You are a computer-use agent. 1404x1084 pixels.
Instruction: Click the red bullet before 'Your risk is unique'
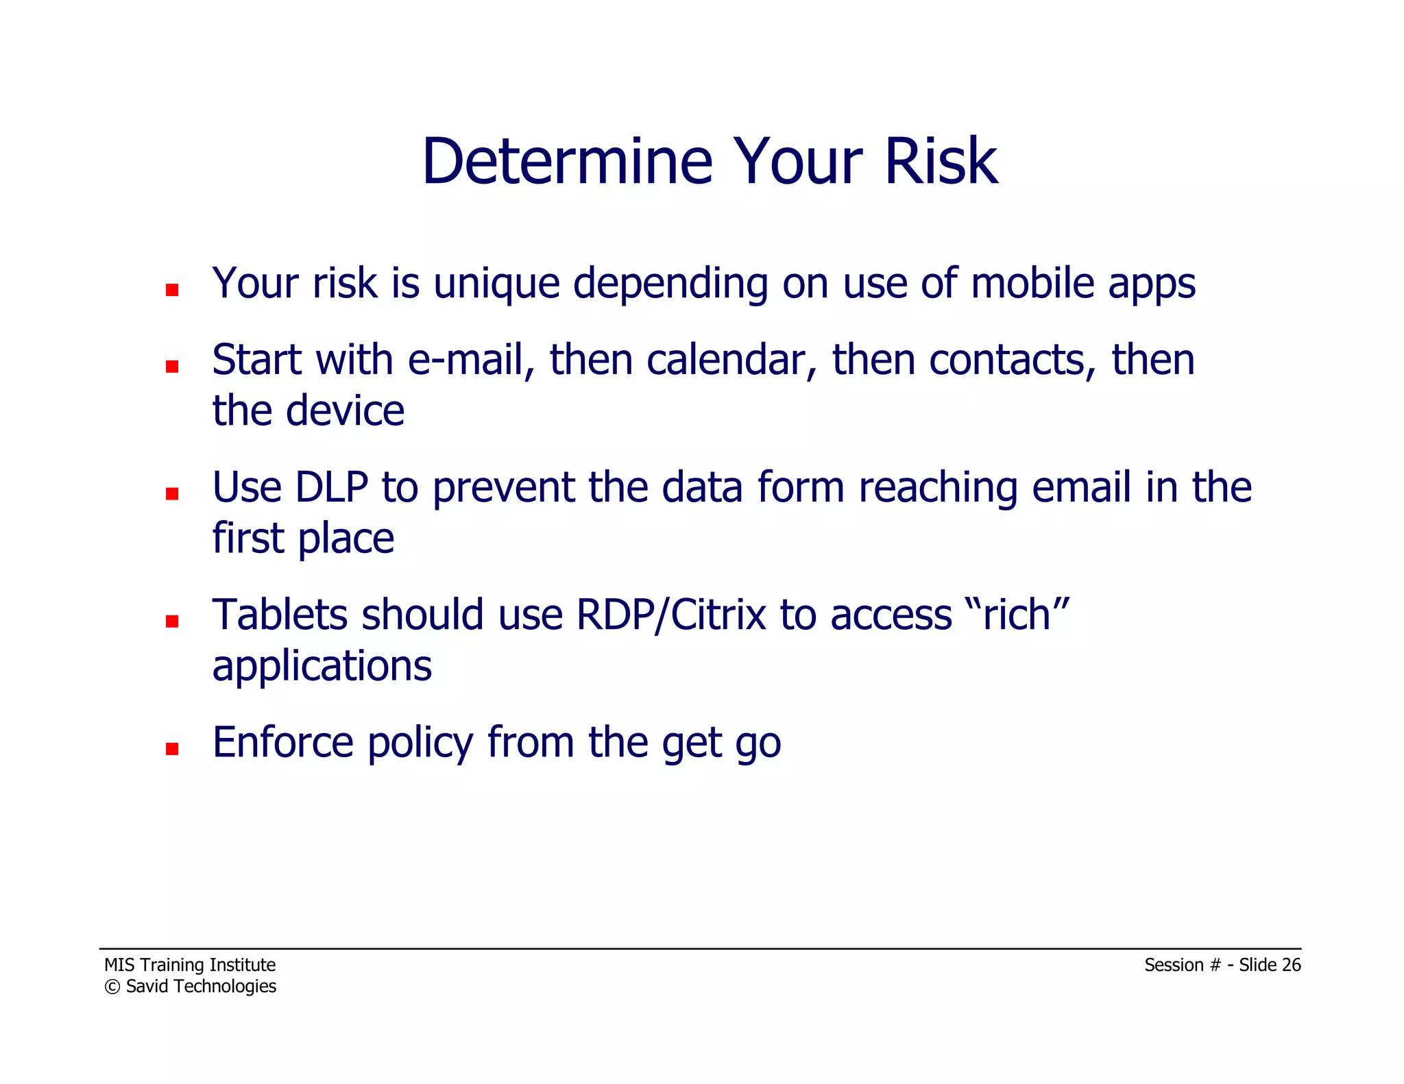tap(172, 290)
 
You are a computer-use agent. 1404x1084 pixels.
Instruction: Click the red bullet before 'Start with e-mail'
tap(172, 367)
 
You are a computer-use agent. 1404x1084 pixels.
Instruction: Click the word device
tap(345, 411)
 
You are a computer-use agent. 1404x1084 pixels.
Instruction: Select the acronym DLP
tap(331, 488)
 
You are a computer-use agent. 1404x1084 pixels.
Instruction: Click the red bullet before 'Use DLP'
tap(172, 494)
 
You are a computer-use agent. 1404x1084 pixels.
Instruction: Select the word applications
tap(322, 666)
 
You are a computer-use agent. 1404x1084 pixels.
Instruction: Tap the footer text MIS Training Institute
tap(190, 965)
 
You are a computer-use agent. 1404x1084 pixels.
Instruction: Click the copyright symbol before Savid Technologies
tap(112, 987)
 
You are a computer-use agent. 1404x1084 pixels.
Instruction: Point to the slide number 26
tap(1291, 965)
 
